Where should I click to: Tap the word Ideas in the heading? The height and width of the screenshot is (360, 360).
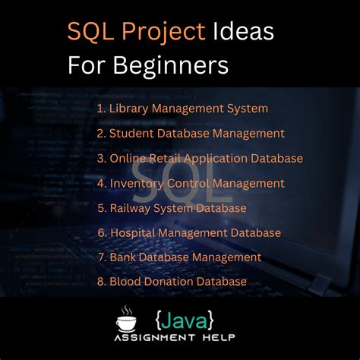(x=243, y=33)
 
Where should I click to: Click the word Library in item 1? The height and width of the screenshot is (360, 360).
(x=128, y=109)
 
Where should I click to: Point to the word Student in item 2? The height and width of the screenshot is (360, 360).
(x=131, y=134)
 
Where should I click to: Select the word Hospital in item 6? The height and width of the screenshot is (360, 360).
(x=135, y=232)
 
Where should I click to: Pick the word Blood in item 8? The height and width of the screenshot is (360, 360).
(x=125, y=282)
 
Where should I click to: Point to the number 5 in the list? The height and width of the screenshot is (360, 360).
(x=100, y=208)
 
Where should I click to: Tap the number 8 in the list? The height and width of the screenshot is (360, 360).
(x=100, y=282)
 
